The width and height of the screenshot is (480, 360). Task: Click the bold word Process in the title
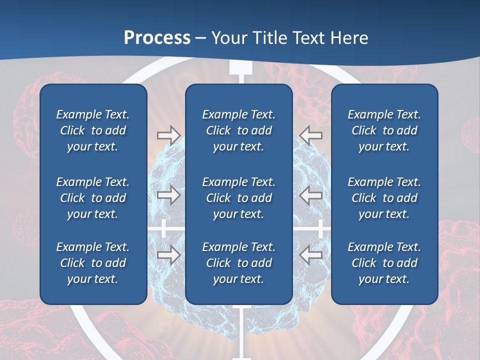point(157,38)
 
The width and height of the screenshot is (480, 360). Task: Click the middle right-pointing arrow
point(168,195)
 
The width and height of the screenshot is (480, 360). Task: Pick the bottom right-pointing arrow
point(168,254)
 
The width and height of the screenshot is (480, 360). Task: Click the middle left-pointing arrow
point(311,195)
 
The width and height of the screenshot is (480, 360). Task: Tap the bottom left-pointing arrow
point(311,254)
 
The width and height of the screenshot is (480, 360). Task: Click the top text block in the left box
point(93,130)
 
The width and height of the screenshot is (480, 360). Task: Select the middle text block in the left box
point(93,198)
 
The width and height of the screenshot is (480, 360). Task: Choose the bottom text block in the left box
point(93,263)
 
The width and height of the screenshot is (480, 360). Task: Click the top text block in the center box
point(238,130)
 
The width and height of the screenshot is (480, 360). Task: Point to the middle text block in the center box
point(238,198)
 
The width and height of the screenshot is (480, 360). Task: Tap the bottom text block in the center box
point(238,263)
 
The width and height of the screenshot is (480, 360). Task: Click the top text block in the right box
point(384,130)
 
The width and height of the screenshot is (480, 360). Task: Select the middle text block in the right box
point(384,198)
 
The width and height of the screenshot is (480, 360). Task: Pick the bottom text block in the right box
point(384,263)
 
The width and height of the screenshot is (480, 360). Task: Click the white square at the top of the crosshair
point(240,68)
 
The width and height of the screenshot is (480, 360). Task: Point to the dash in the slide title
point(201,38)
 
